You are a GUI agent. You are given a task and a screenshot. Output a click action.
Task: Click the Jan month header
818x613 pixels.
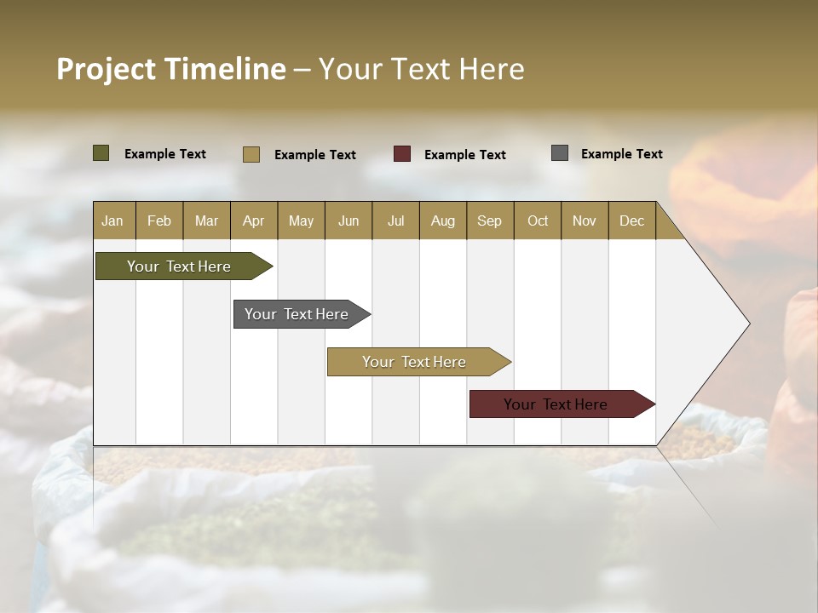click(x=112, y=221)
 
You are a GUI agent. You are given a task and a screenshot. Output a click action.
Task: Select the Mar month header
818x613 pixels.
click(x=206, y=221)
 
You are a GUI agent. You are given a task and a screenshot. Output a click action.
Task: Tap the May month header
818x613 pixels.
click(x=301, y=221)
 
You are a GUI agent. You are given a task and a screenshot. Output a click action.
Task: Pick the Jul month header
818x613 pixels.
click(x=395, y=221)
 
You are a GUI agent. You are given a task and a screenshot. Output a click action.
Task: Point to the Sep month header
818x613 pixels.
click(x=489, y=221)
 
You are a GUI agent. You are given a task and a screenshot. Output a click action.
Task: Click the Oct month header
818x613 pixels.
click(x=538, y=221)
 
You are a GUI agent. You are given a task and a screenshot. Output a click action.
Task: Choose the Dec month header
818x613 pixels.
click(x=631, y=221)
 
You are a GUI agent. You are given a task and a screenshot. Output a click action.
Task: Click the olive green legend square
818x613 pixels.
click(x=101, y=153)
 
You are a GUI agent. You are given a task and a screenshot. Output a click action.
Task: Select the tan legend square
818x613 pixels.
click(x=251, y=154)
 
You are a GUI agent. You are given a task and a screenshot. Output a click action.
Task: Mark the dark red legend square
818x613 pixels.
click(x=402, y=154)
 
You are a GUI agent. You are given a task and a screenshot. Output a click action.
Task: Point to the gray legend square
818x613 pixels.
click(x=560, y=153)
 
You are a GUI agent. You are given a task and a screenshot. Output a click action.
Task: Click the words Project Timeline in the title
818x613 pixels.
click(x=170, y=69)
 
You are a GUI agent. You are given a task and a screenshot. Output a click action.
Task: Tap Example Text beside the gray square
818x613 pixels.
click(x=621, y=154)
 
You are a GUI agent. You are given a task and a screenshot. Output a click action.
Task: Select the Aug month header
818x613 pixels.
click(x=442, y=221)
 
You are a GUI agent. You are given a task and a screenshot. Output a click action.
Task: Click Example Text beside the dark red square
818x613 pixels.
click(x=464, y=155)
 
